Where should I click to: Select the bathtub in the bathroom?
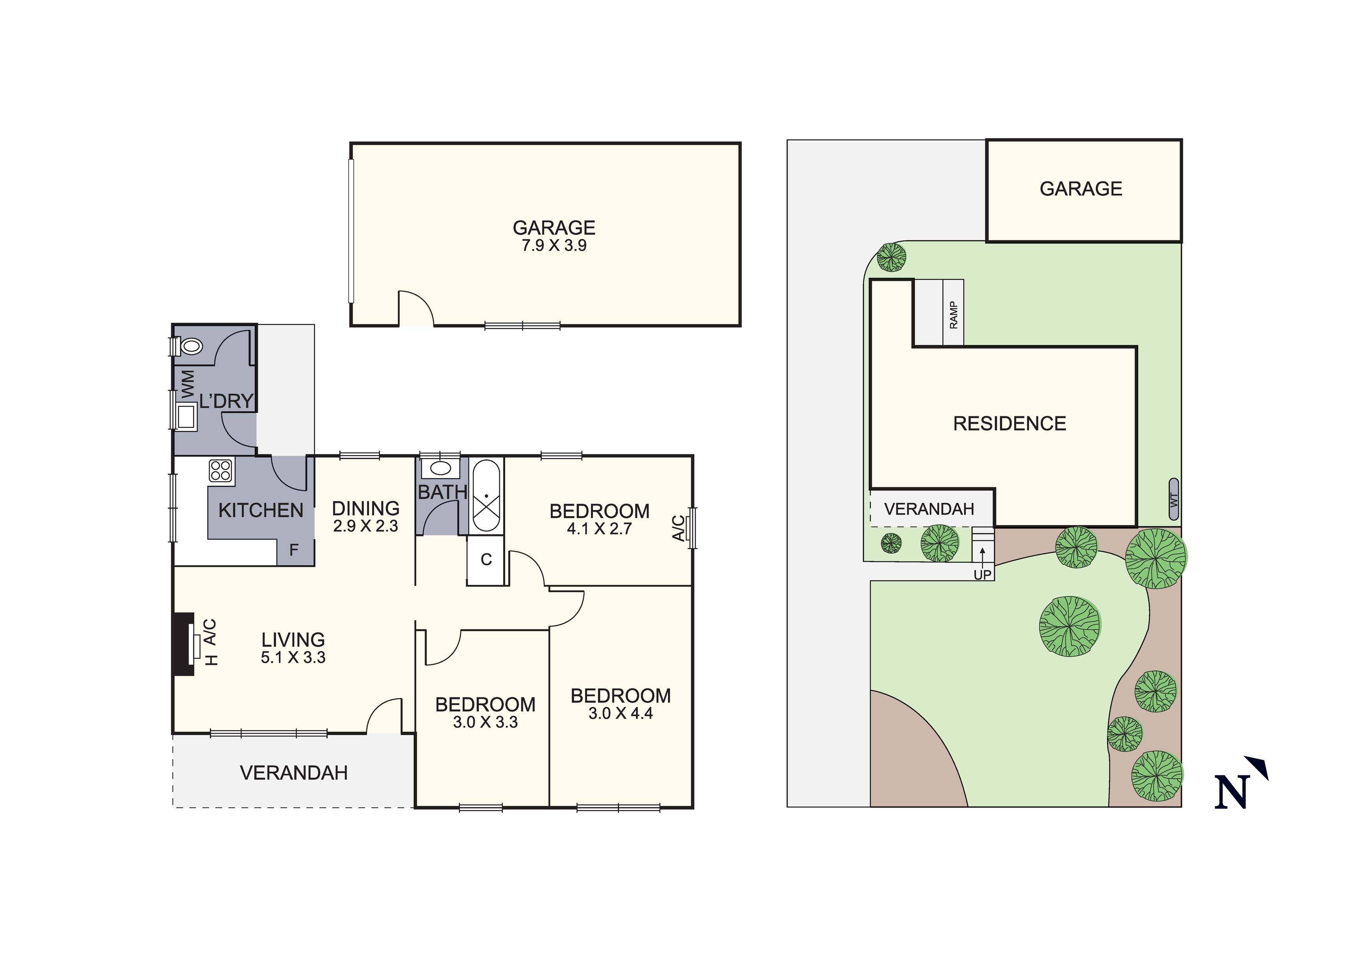(x=487, y=495)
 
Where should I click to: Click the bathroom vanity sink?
(x=440, y=467)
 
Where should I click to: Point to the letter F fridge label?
(x=294, y=550)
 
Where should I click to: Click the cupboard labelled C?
(x=486, y=559)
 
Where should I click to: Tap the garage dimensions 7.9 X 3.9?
(x=554, y=245)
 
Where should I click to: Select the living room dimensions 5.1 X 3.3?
(x=293, y=658)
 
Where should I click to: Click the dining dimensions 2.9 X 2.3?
(x=365, y=526)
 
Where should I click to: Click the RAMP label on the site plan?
(x=953, y=315)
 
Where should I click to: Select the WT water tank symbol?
(x=1174, y=499)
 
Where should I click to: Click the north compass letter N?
(x=1231, y=793)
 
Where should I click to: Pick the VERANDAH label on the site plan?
(x=929, y=509)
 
